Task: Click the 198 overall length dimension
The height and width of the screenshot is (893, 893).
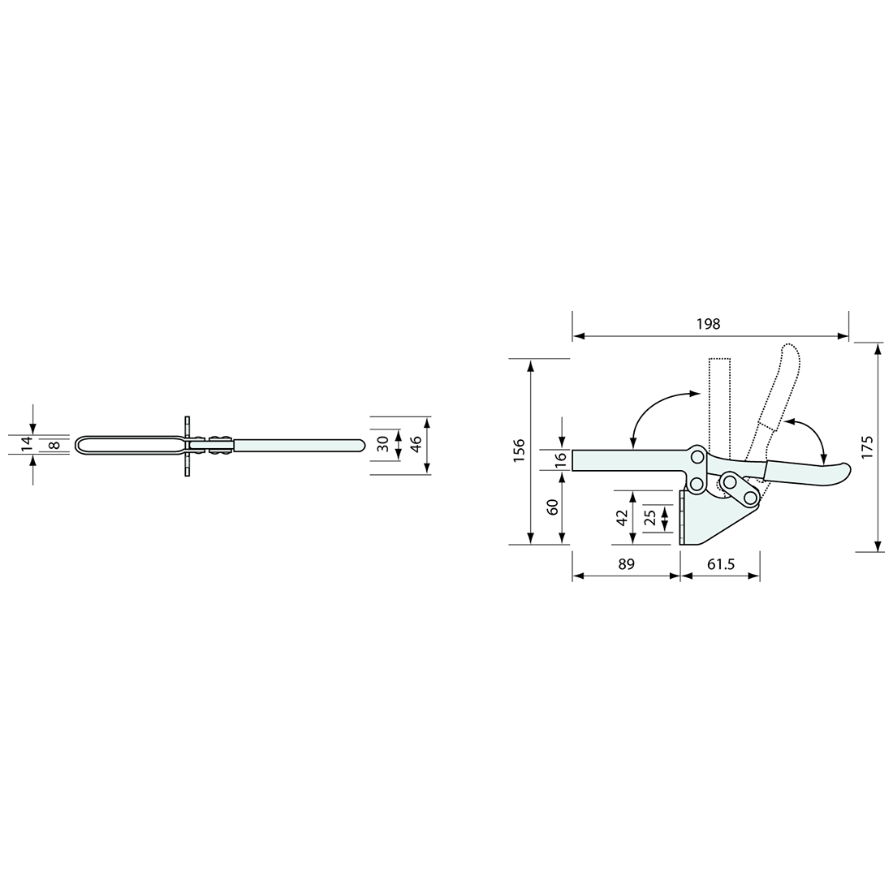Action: pyautogui.click(x=708, y=324)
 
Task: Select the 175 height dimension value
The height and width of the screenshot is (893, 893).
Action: pyautogui.click(x=867, y=447)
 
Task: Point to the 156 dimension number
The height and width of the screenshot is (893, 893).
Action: pyautogui.click(x=520, y=451)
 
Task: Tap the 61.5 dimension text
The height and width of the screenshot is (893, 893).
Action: pyautogui.click(x=721, y=564)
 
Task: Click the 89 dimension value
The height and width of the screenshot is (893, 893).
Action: pyautogui.click(x=626, y=564)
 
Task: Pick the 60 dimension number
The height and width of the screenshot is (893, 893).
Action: pyautogui.click(x=552, y=507)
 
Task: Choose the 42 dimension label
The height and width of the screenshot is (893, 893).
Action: pyautogui.click(x=622, y=517)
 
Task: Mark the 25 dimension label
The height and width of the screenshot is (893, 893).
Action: pyautogui.click(x=650, y=517)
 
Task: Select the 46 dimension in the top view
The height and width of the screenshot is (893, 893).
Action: pyautogui.click(x=416, y=444)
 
